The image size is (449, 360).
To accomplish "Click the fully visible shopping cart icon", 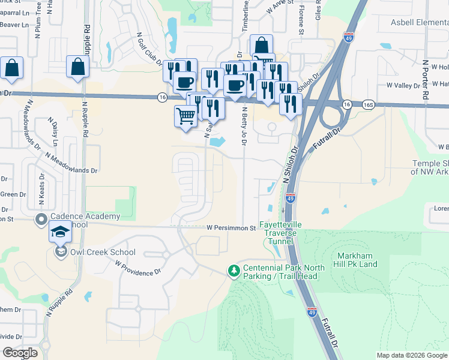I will [185, 115].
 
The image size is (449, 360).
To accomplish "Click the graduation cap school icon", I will [60, 232].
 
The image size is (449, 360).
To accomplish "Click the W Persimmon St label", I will [231, 228].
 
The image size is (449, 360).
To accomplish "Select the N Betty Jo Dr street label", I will [244, 126].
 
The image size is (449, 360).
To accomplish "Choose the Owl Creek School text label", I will [103, 253].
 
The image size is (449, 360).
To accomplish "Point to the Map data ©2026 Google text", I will [411, 355].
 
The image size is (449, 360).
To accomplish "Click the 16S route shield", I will [368, 104].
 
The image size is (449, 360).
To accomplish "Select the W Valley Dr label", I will [403, 86].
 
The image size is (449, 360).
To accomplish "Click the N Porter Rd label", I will [426, 80].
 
